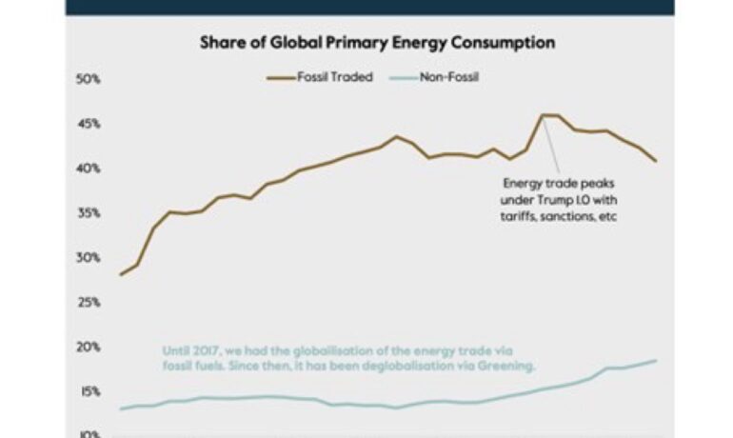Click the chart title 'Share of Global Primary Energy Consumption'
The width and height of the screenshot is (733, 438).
377,43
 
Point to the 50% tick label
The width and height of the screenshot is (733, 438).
88,79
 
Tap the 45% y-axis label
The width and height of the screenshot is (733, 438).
88,124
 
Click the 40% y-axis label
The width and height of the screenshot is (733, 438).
88,169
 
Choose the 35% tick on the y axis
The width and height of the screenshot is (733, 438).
88,213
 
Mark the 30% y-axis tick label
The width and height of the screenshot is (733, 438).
88,258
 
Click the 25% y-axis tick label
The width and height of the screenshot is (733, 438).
88,303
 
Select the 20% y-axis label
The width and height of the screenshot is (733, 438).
88,348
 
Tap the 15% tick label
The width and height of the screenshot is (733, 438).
88,391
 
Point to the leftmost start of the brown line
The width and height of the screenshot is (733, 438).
121,274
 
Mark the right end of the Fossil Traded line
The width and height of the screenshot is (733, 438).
656,161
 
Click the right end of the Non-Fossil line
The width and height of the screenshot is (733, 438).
656,360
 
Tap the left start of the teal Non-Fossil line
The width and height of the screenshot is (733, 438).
121,408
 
